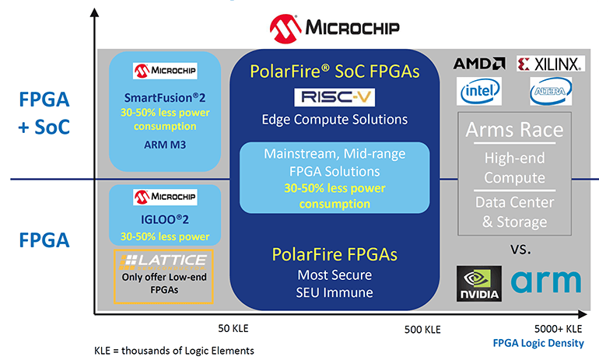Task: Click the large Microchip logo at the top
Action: pos(334,29)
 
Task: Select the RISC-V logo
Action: pos(335,98)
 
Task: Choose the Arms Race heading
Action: pos(515,130)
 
